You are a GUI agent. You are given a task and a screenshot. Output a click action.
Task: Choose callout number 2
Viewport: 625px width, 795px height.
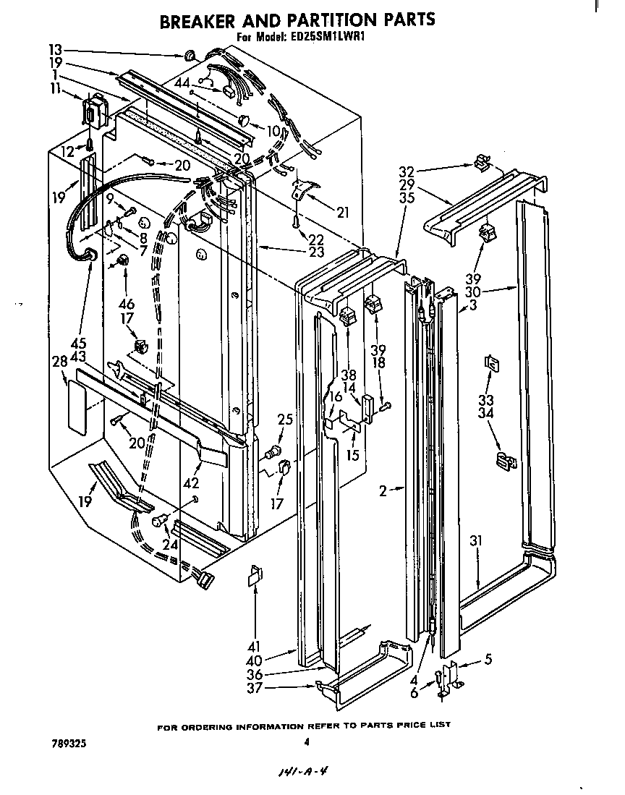[x=382, y=490]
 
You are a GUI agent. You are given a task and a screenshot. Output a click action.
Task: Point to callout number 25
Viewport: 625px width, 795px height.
[x=286, y=419]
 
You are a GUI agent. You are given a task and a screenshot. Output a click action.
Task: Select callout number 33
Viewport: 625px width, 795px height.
[x=486, y=399]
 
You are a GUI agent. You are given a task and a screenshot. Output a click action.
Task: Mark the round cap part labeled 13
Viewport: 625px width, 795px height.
[x=190, y=55]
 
